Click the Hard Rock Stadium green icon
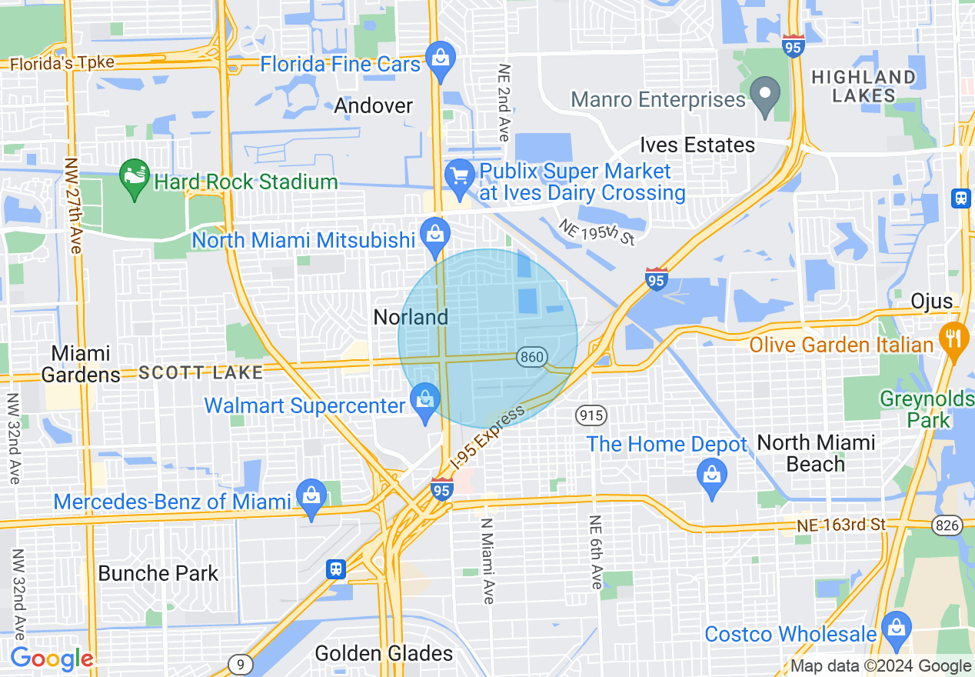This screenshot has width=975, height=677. pyautogui.click(x=135, y=178)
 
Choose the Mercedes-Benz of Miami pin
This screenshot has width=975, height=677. pyautogui.click(x=311, y=499)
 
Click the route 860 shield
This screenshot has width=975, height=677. pyautogui.click(x=532, y=357)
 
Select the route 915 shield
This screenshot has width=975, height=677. pyautogui.click(x=591, y=415)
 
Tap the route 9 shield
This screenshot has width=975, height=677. pyautogui.click(x=241, y=663)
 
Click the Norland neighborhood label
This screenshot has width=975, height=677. pyautogui.click(x=410, y=317)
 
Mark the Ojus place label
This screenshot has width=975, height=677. pyautogui.click(x=931, y=301)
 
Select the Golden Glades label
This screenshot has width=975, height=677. pyautogui.click(x=384, y=654)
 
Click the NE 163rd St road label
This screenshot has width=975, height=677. pyautogui.click(x=841, y=525)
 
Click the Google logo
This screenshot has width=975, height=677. pyautogui.click(x=51, y=659)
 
